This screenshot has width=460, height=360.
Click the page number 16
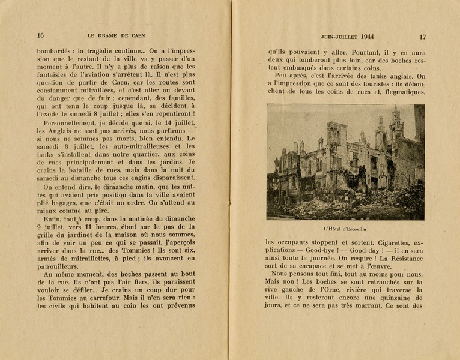pyautogui.click(x=41, y=35)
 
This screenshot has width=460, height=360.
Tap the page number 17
pyautogui.click(x=422, y=35)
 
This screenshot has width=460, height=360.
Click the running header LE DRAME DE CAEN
pyautogui.click(x=117, y=35)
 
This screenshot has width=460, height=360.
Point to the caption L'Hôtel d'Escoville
pyautogui.click(x=345, y=229)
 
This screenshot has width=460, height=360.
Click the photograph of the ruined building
pyautogui.click(x=345, y=161)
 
